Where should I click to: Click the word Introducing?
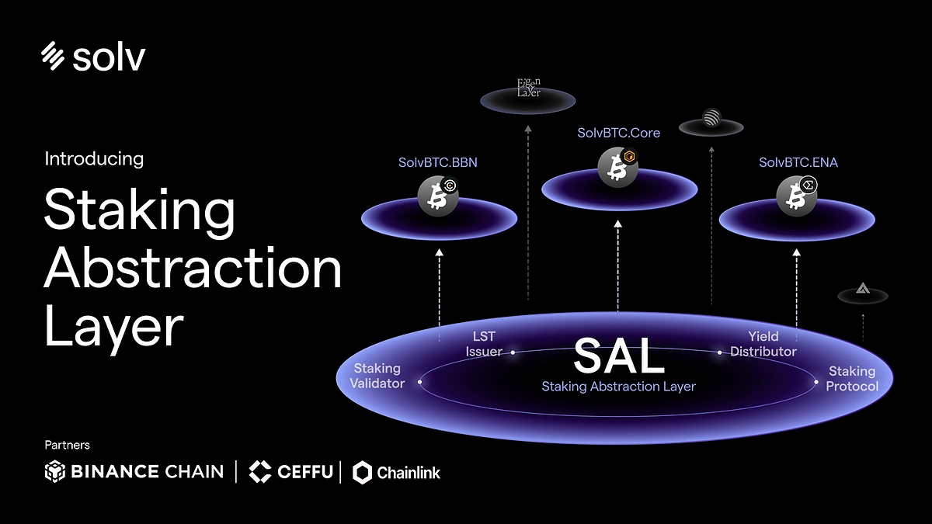point(94,159)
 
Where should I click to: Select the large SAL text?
point(619,357)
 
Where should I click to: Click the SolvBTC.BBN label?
point(437,163)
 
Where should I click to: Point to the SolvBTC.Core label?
point(618,133)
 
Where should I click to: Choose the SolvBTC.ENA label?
point(798,163)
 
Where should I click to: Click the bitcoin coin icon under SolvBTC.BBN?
point(436,197)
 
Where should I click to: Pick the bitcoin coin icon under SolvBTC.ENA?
point(795,197)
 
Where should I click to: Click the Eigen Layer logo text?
point(529,88)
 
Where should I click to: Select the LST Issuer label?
point(483,344)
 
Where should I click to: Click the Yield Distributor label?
point(763,344)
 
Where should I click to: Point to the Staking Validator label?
point(377,376)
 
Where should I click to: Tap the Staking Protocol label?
point(852,379)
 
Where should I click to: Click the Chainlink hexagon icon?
point(363,471)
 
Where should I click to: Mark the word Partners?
point(67,445)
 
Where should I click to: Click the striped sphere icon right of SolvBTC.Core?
point(711,119)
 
